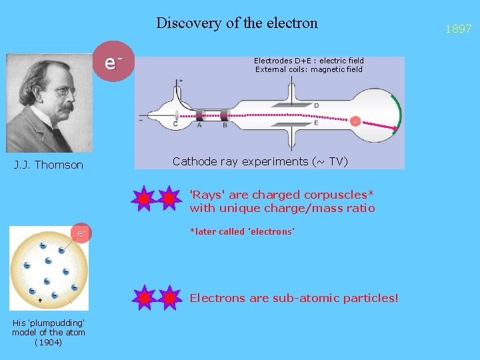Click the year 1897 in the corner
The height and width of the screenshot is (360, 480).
[x=459, y=29]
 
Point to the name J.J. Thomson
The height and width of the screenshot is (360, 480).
[x=49, y=165]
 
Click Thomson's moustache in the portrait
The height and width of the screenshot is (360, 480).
[x=65, y=107]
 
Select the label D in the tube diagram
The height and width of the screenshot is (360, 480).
[x=316, y=105]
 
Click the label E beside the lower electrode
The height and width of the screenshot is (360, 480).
[x=316, y=123]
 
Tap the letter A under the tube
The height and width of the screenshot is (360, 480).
[x=199, y=125]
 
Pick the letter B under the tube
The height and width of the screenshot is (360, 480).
[x=225, y=125]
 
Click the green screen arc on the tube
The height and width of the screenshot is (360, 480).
[x=397, y=113]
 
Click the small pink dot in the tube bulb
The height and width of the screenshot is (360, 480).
[x=356, y=121]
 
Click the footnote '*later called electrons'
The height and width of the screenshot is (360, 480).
[x=242, y=231]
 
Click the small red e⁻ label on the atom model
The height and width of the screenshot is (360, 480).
[x=81, y=233]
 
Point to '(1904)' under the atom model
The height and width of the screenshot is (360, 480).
[x=49, y=342]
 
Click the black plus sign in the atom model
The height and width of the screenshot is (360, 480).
[x=40, y=301]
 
